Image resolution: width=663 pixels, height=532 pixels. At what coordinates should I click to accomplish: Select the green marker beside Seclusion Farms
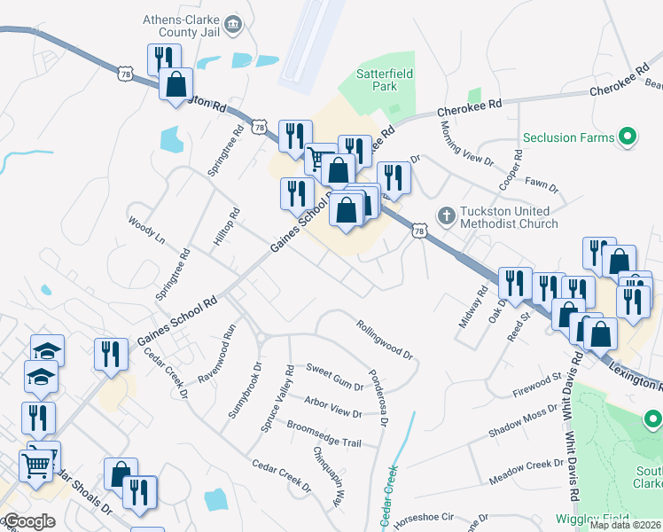tap(628, 137)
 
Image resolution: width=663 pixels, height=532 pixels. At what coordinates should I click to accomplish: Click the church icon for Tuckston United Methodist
tap(447, 215)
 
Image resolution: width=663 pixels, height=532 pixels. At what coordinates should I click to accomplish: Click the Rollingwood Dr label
tap(386, 339)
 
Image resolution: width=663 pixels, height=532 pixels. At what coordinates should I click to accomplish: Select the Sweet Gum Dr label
tap(334, 376)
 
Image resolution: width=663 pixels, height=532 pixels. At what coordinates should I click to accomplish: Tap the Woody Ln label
tap(147, 229)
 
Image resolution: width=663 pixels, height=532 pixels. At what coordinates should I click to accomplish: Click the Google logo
tap(28, 521)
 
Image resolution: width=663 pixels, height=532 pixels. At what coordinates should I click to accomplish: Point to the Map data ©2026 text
tap(625, 525)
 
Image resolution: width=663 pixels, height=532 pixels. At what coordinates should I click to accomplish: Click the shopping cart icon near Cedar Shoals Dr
tap(36, 463)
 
